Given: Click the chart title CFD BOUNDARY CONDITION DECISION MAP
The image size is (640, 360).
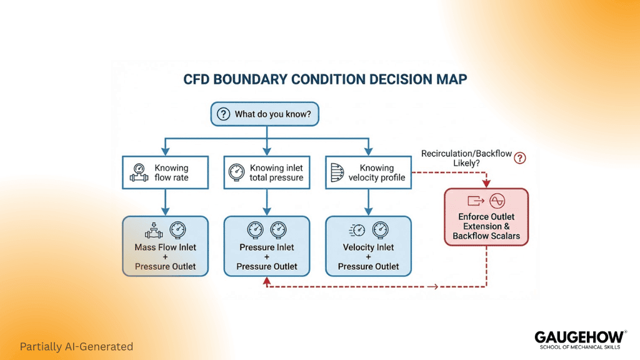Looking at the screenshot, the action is [325, 79].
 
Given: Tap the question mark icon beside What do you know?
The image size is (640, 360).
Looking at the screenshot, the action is [223, 114].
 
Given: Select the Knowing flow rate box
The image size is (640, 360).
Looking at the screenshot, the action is [165, 172].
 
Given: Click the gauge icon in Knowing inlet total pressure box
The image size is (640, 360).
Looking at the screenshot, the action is [236, 172].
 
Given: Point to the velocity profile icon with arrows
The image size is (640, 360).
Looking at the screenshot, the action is [337, 172].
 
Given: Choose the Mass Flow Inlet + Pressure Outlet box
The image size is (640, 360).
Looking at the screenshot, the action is [165, 246].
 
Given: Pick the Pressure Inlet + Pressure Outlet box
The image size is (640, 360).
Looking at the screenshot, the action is [267, 246].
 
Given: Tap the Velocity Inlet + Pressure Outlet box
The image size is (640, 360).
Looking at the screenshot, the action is [368, 246].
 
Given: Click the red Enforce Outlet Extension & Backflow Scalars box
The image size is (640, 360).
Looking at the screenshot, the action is [486, 217].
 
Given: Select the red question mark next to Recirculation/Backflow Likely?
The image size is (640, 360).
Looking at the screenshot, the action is [519, 158].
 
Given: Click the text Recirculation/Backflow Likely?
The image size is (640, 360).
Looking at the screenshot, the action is [466, 158].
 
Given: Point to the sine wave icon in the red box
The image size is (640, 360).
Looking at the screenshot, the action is [497, 201].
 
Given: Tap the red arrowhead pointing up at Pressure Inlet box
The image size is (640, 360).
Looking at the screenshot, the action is [267, 281].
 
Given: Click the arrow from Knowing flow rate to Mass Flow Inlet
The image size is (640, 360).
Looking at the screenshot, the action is [165, 202].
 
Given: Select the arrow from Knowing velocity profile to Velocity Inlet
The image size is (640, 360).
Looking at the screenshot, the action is [368, 202].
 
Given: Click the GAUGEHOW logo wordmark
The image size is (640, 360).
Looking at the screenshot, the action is [579, 337].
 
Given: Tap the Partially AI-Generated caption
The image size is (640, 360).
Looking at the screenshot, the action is [76, 346].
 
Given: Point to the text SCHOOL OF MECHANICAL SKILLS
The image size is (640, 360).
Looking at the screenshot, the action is [580, 347].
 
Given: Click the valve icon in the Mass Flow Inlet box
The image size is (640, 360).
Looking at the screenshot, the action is [154, 231].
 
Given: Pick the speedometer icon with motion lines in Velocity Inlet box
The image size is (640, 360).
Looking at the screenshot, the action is [357, 231].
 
